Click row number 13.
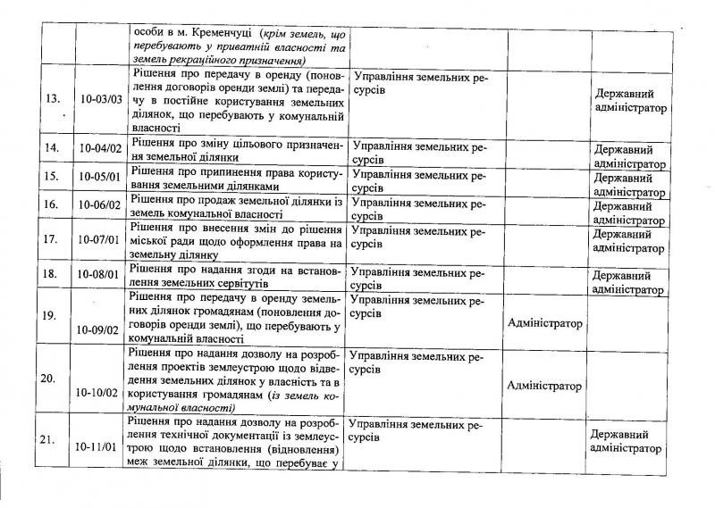(51, 99)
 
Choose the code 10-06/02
(99, 205)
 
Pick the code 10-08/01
(99, 274)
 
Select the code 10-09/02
(99, 329)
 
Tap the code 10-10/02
(99, 391)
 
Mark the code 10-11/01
(99, 441)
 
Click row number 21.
(50, 439)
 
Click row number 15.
(51, 178)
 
